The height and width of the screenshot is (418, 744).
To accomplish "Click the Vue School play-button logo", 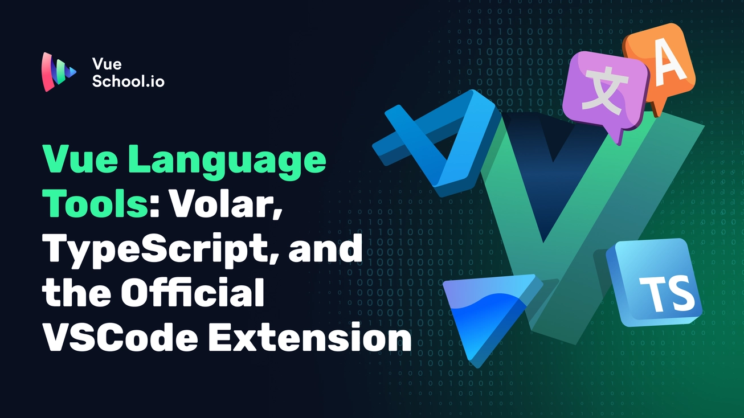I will click(x=59, y=72).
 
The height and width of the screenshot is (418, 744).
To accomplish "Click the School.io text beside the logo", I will click(x=128, y=81).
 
